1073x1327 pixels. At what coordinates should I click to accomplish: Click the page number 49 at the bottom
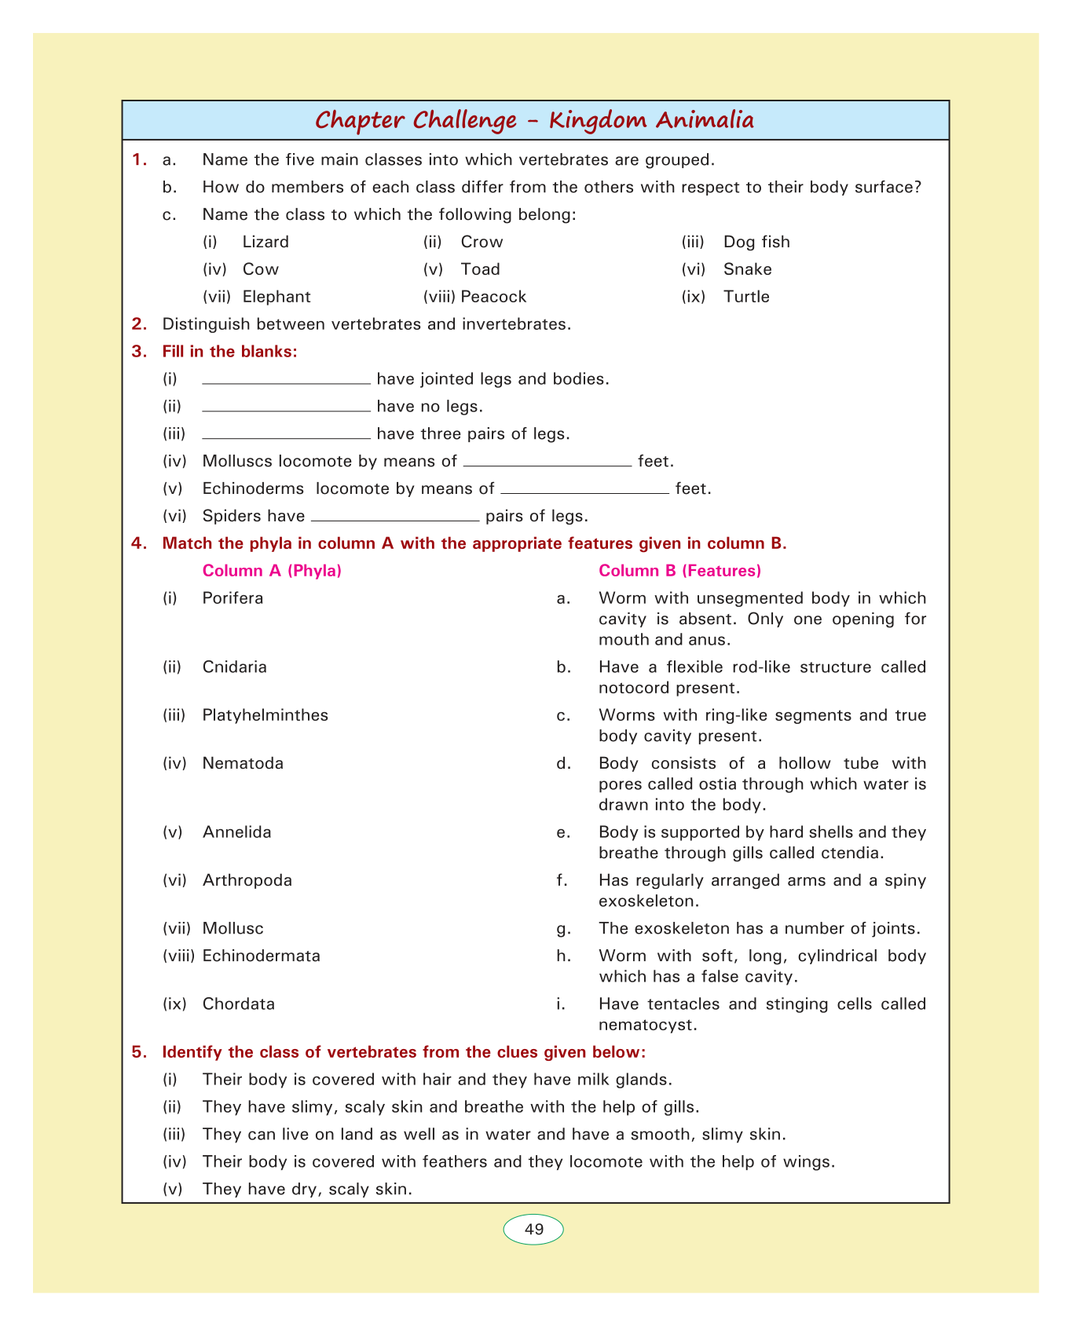[x=533, y=1229]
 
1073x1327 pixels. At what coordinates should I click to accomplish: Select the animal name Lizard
[x=266, y=242]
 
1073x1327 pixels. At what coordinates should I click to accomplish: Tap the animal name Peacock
[x=493, y=297]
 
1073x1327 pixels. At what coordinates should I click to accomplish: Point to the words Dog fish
[x=756, y=242]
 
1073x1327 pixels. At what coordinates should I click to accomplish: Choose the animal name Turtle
[x=746, y=297]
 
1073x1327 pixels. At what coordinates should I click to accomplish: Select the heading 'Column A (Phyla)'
[x=272, y=571]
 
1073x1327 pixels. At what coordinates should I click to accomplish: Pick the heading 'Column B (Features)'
[x=679, y=571]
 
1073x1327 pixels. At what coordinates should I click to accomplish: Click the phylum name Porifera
[x=233, y=598]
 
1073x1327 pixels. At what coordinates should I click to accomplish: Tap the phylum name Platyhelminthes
[x=265, y=715]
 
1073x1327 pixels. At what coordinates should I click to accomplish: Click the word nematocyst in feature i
[x=647, y=1025]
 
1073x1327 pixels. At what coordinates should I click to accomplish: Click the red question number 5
[x=139, y=1052]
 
